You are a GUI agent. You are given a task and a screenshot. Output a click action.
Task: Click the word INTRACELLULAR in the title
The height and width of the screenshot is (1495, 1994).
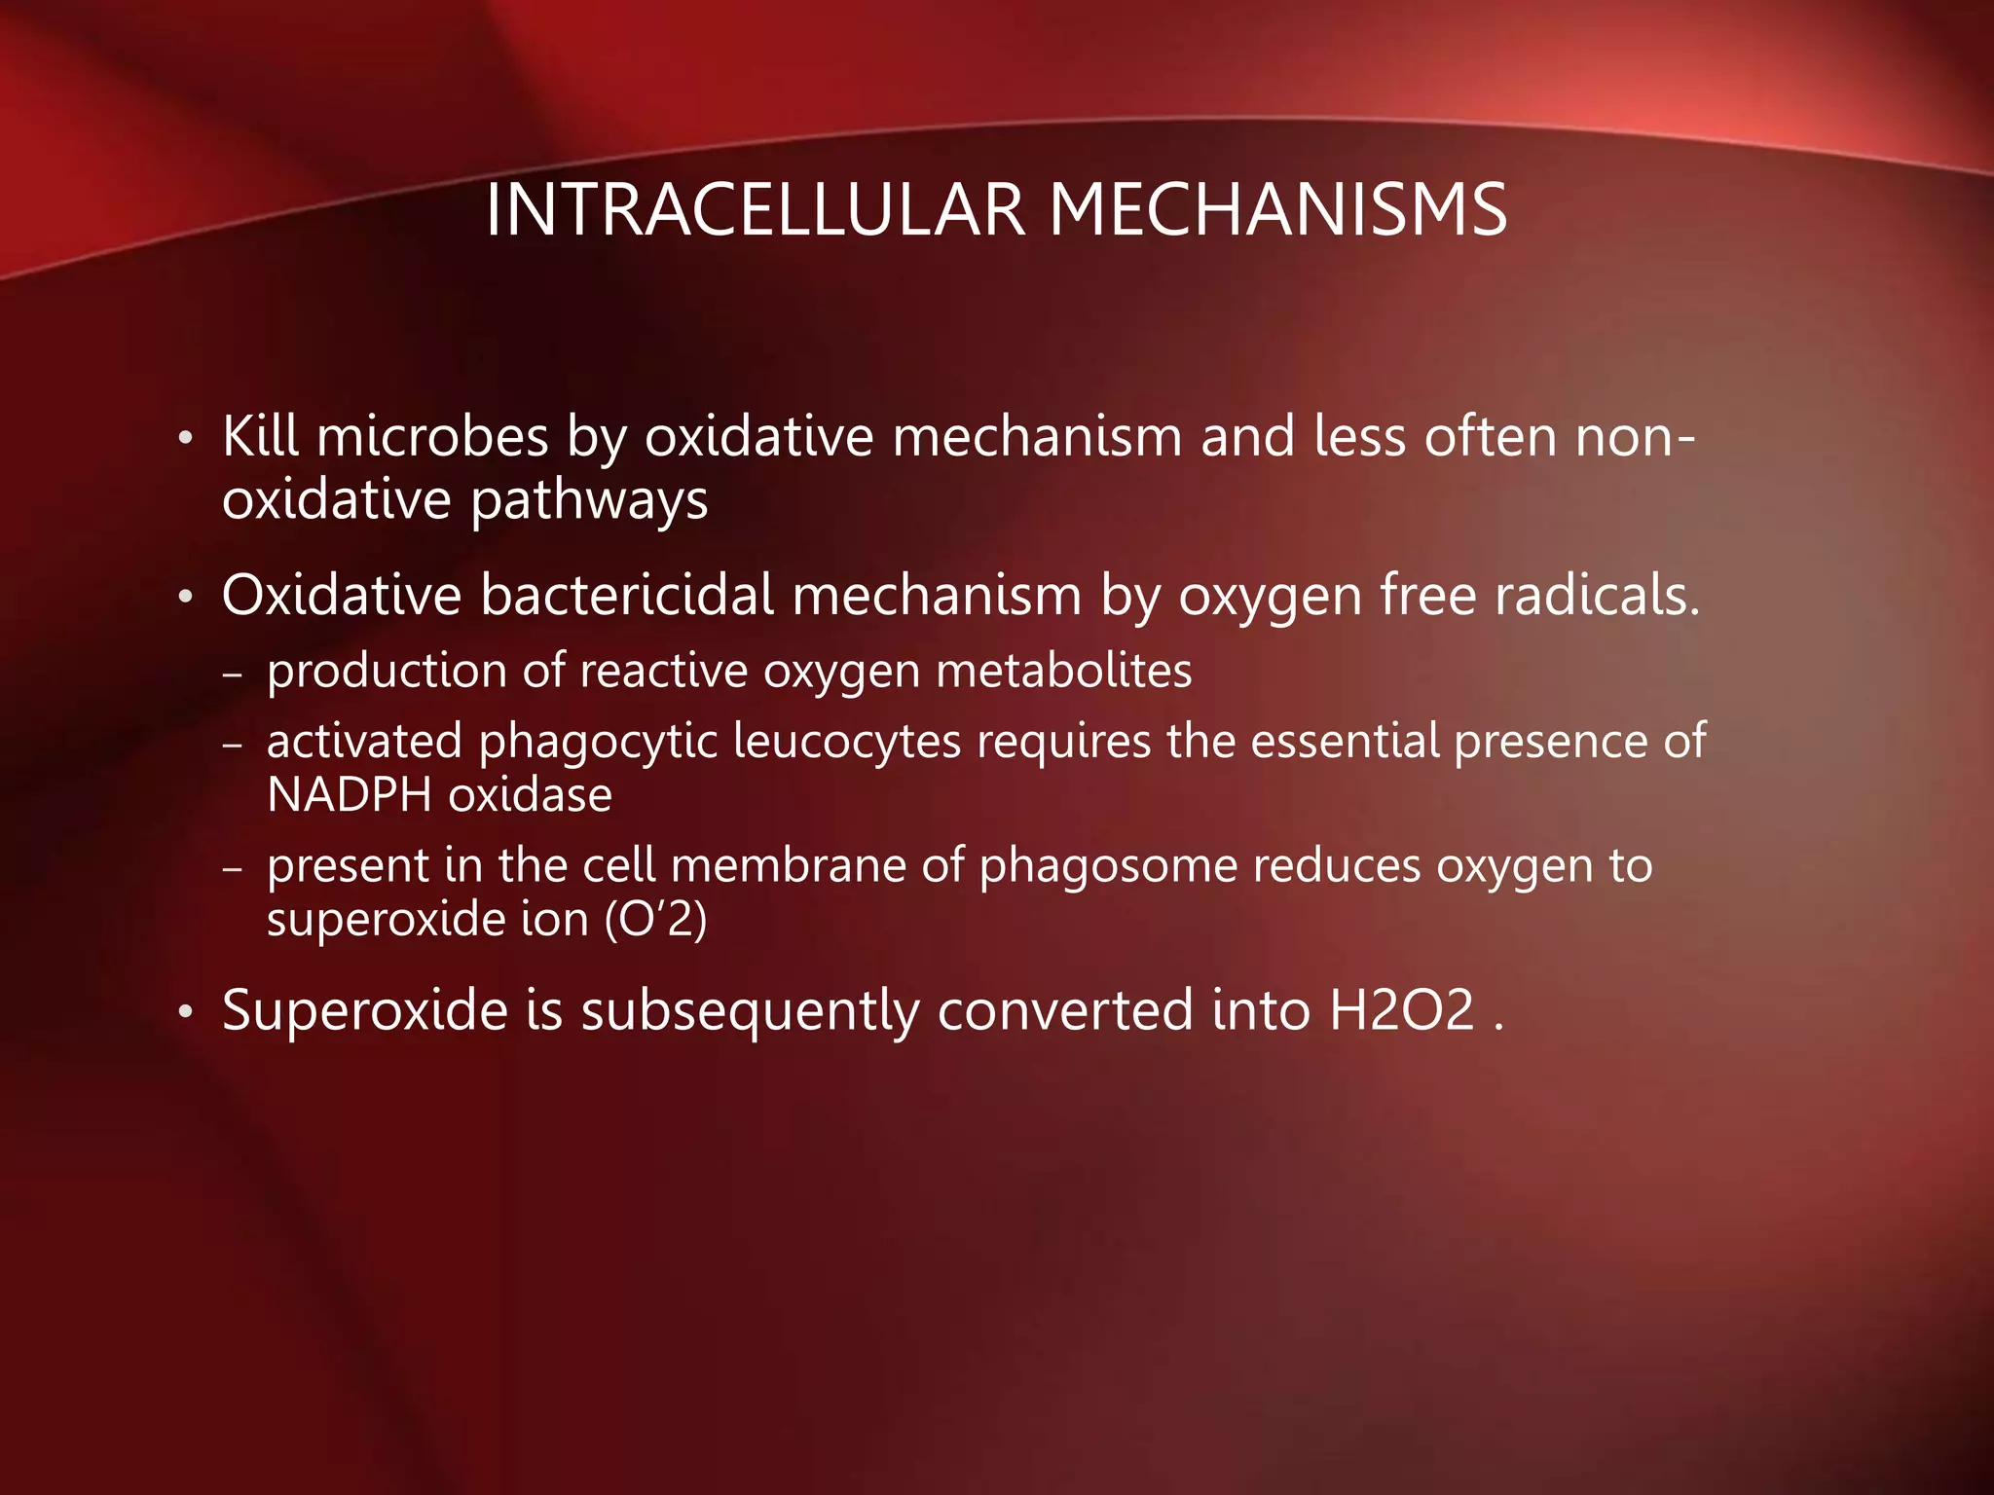755,210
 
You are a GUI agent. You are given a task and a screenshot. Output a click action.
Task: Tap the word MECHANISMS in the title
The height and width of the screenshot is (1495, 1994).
1277,210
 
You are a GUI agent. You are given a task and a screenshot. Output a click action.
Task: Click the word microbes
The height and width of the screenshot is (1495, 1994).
432,436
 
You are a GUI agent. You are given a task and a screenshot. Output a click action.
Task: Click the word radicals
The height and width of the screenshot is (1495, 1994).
1598,595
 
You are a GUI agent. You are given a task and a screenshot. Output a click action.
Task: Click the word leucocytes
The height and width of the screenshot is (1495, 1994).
847,742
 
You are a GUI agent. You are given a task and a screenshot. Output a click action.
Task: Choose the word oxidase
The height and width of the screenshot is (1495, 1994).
531,795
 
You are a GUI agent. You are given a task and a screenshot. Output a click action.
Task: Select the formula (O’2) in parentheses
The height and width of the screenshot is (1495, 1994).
655,920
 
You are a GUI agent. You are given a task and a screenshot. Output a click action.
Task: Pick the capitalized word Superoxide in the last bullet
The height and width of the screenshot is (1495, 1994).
365,1010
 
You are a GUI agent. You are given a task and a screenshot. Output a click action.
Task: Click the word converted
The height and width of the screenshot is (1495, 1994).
1065,1010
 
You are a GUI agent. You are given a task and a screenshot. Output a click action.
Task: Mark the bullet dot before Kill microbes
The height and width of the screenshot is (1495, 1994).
185,439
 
